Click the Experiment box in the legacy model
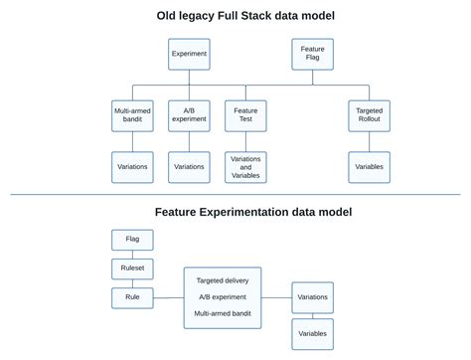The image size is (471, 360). click(x=189, y=54)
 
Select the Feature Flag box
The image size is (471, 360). click(x=312, y=54)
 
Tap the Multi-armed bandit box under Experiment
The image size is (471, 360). click(x=132, y=115)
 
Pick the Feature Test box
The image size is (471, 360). click(x=245, y=115)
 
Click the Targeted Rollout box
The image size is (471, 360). click(x=368, y=115)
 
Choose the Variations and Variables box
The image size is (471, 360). click(x=245, y=166)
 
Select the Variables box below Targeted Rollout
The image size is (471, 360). click(x=368, y=166)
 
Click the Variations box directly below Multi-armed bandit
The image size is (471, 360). click(x=132, y=166)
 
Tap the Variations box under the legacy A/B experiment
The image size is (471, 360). click(x=189, y=166)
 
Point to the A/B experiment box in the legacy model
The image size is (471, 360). click(x=189, y=115)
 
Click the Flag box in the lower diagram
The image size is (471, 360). click(x=132, y=240)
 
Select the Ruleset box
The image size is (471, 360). click(x=132, y=268)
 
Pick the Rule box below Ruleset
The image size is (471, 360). click(x=132, y=296)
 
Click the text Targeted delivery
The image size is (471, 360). click(x=223, y=280)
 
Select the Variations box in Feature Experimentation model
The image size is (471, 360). click(x=312, y=296)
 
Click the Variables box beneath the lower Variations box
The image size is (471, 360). click(x=312, y=333)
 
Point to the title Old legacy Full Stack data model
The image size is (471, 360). click(x=245, y=15)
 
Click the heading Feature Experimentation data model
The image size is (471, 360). click(x=252, y=211)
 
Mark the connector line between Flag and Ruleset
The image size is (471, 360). click(x=132, y=254)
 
